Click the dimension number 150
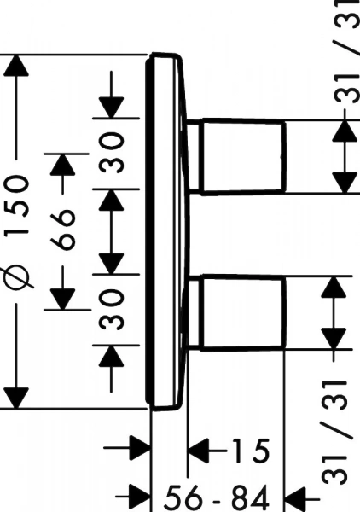17,206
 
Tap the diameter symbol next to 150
17,274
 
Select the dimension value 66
63,230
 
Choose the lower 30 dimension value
111,310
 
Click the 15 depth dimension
251,451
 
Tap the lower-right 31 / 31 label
334,433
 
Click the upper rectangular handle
241,156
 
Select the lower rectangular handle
241,313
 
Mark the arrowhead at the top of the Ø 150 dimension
16,66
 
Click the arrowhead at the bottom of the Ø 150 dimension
16,398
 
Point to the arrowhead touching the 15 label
199,451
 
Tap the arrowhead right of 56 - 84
296,498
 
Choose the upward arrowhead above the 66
63,164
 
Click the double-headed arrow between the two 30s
111,231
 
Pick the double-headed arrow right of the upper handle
345,156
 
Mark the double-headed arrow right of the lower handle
334,313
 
